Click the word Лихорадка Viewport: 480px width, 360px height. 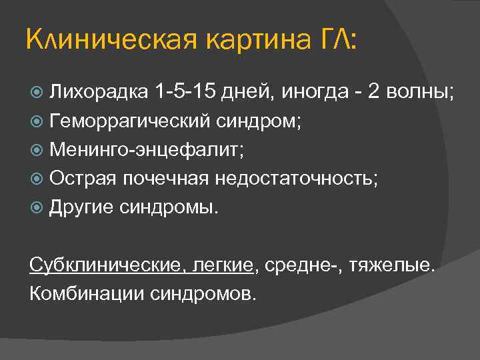pyautogui.click(x=97, y=91)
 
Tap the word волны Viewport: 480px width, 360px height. pyautogui.click(x=423, y=91)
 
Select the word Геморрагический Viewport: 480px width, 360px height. pyautogui.click(x=130, y=121)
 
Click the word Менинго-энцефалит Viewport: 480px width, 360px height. pyautogui.click(x=147, y=149)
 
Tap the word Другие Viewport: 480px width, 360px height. pyautogui.click(x=82, y=207)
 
